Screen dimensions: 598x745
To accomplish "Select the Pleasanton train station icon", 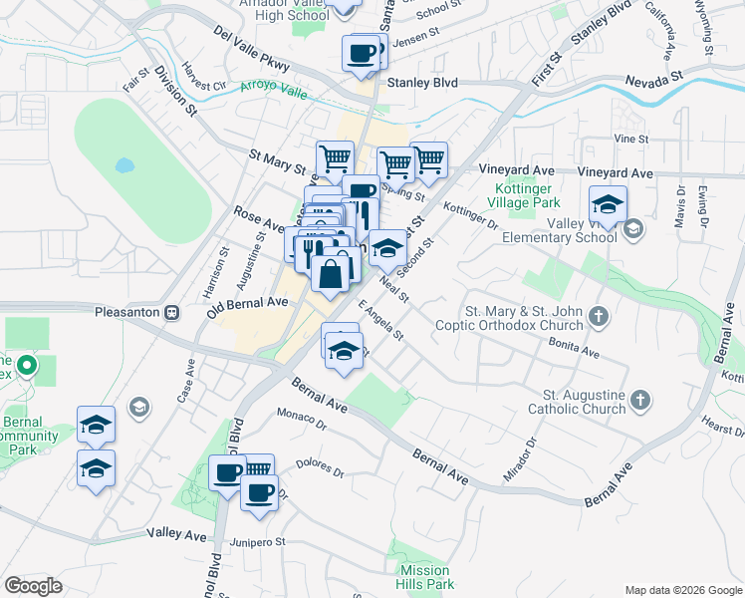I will [x=171, y=312].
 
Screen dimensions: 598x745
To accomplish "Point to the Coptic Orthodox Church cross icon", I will [x=598, y=317].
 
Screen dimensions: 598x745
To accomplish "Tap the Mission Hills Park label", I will [x=426, y=577].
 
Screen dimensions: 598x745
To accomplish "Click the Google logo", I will [x=34, y=586].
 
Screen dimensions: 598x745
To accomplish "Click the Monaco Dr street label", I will [x=302, y=418].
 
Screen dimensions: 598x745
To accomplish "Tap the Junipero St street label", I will [x=258, y=542].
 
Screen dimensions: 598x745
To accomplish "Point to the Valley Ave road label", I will [x=176, y=534].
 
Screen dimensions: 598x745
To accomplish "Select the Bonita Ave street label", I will [x=574, y=347].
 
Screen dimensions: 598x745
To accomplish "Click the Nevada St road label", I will [x=653, y=76].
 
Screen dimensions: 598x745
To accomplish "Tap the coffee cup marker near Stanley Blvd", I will [x=361, y=53].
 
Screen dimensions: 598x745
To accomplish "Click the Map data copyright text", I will [x=682, y=589].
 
